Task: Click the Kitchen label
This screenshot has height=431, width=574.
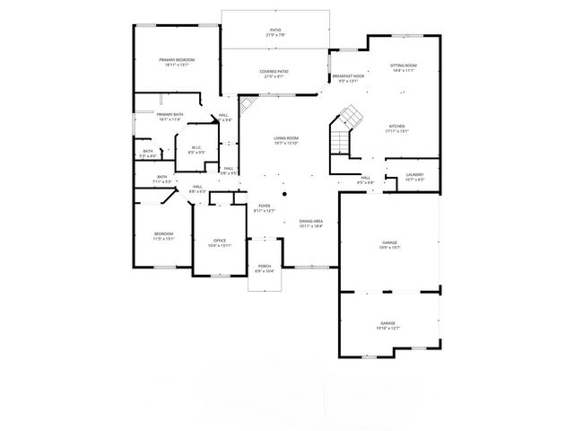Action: tap(397, 128)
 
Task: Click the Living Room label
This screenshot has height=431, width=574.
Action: tap(286, 139)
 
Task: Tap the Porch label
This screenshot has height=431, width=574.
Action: tap(265, 268)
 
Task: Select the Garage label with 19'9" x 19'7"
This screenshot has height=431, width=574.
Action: tap(388, 244)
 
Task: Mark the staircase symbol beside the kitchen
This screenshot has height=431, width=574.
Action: tap(346, 120)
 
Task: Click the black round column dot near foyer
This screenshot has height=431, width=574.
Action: tap(284, 192)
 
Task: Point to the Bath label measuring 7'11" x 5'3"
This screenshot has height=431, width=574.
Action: tap(161, 179)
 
